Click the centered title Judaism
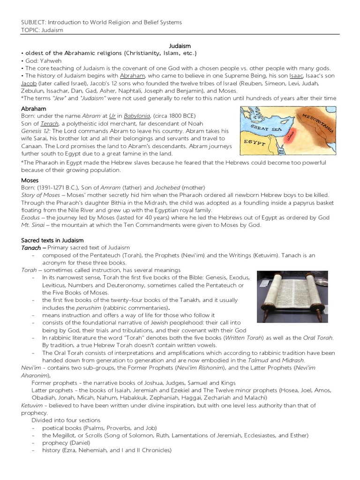(x=180, y=45)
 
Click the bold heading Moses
(x=30, y=180)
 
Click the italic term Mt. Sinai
(x=33, y=225)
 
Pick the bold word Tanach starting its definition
(x=31, y=247)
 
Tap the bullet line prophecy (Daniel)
(x=65, y=443)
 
